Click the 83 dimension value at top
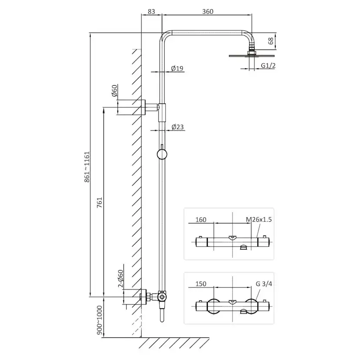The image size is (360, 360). [x=151, y=11]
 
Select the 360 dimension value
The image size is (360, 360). [x=208, y=11]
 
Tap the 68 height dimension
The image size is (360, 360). [x=271, y=41]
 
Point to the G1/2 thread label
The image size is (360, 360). [x=268, y=66]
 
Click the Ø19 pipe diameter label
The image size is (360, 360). [x=177, y=68]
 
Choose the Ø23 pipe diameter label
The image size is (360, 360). [x=177, y=127]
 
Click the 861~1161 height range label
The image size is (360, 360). [x=87, y=167]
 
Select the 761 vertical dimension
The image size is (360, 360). [x=100, y=203]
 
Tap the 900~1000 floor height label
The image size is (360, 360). [x=100, y=320]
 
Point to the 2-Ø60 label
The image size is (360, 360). [x=120, y=279]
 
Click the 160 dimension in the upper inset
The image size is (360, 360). [x=201, y=220]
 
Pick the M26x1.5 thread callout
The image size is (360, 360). [x=259, y=220]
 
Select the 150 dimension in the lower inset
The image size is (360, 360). [x=201, y=284]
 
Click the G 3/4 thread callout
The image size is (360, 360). [x=264, y=284]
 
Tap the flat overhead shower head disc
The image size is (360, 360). [x=252, y=56]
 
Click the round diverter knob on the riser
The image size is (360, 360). [x=162, y=154]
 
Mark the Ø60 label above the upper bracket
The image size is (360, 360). [x=114, y=90]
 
